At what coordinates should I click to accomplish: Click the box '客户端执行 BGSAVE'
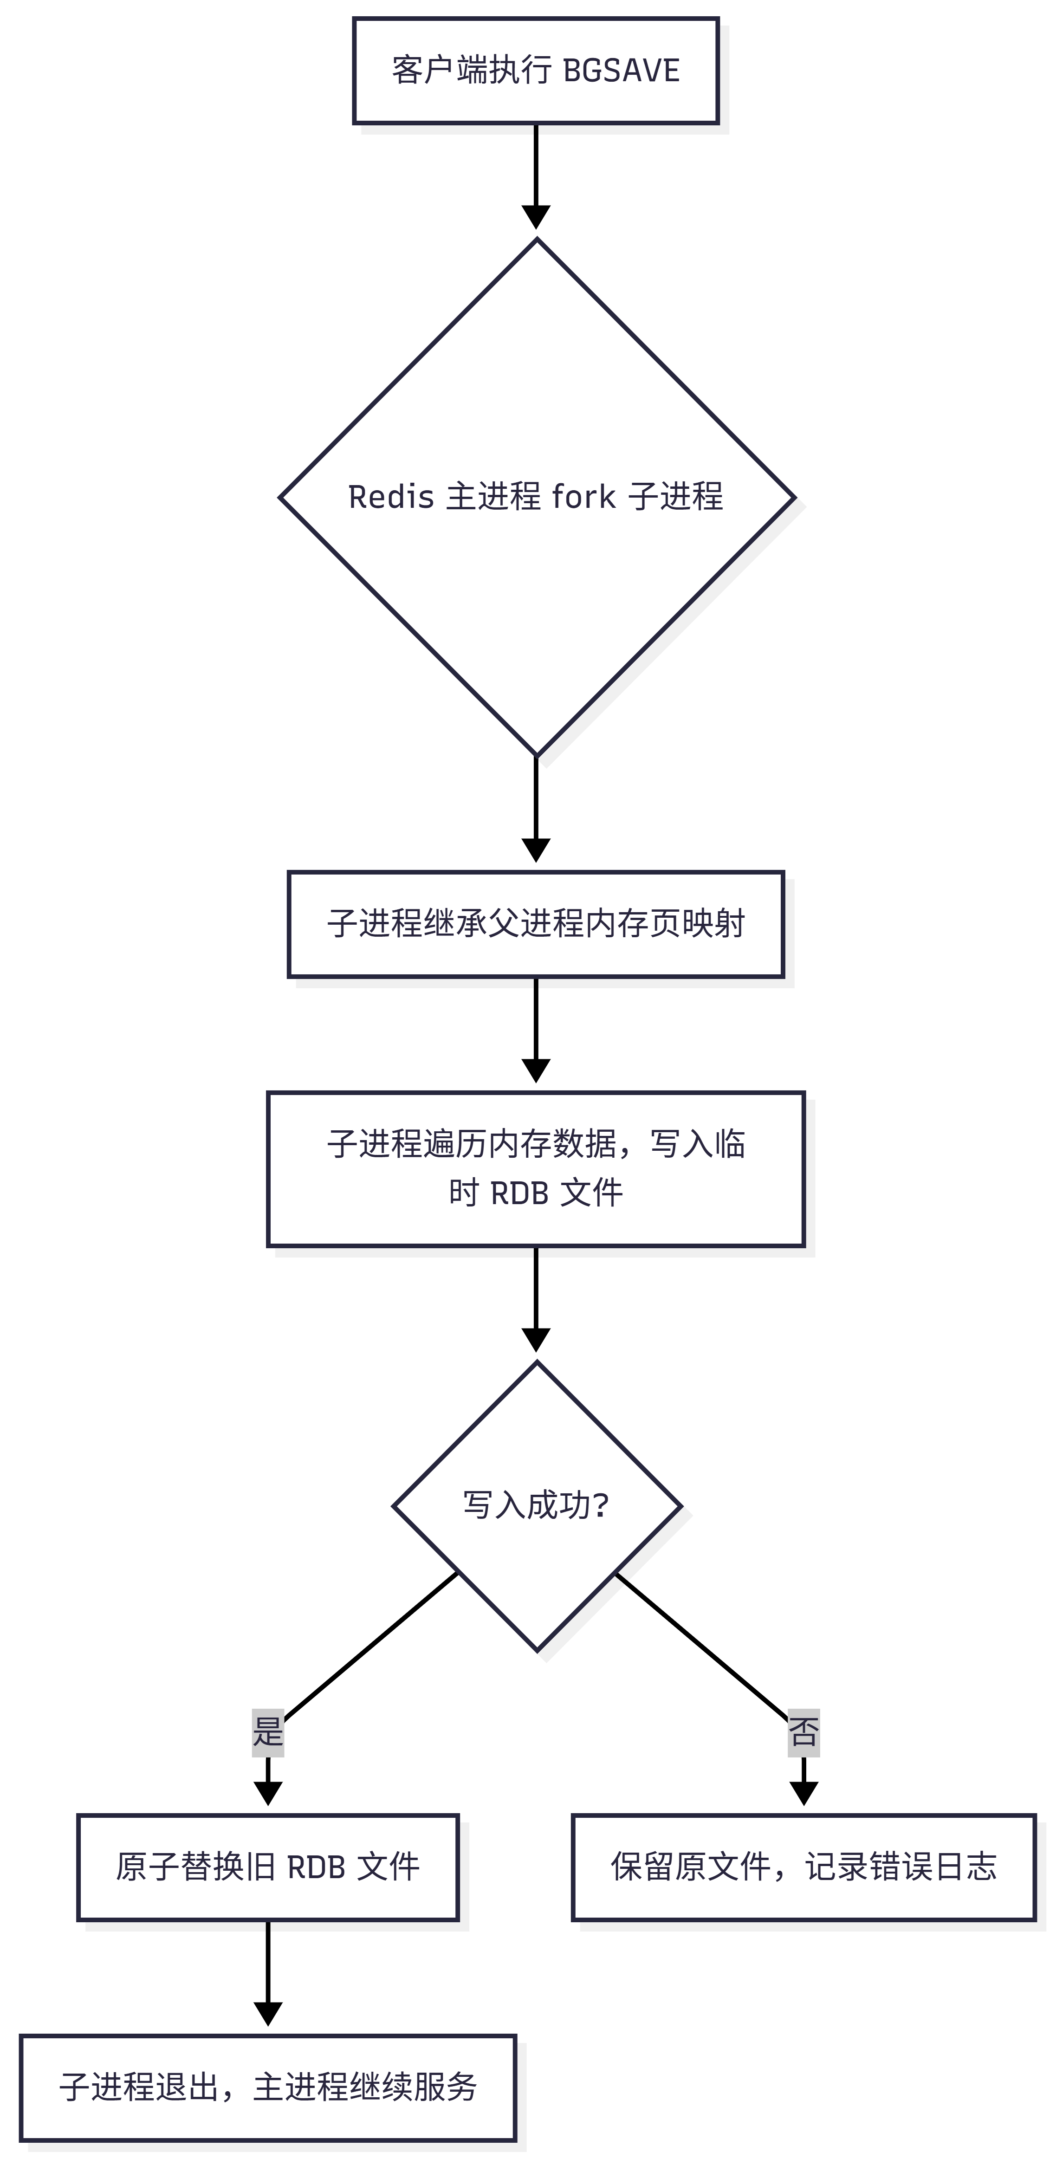[x=536, y=71]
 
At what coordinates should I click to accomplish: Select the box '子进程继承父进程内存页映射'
[x=536, y=924]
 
